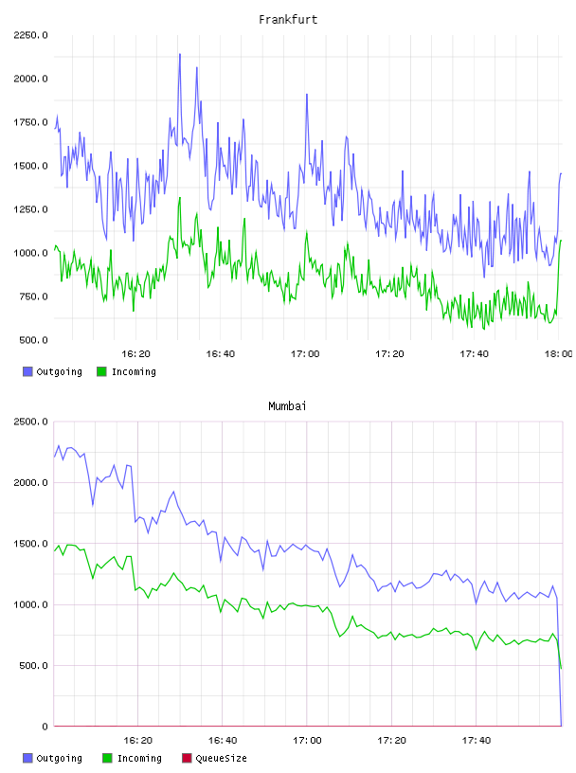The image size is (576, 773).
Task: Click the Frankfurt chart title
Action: (x=288, y=20)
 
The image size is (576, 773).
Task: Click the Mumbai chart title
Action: (x=287, y=406)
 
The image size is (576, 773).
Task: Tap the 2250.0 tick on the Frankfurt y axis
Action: (x=30, y=35)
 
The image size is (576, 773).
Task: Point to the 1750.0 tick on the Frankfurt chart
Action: (x=30, y=122)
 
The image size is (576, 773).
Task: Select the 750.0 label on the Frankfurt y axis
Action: (x=33, y=297)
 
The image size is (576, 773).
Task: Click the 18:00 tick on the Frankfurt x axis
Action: (x=558, y=354)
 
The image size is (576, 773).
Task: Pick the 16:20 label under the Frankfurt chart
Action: (x=135, y=354)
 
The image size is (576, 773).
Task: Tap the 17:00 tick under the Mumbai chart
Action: (x=307, y=741)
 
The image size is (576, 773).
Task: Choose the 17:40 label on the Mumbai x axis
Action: (x=477, y=741)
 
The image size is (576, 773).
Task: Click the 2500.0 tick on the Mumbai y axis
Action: (x=30, y=422)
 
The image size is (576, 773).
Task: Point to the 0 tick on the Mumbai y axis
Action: (x=45, y=727)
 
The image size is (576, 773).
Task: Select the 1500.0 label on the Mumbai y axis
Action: (x=30, y=543)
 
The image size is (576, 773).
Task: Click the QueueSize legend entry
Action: (x=214, y=758)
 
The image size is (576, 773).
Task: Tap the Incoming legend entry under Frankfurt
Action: (x=127, y=371)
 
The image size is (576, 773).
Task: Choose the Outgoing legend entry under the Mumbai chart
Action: (x=53, y=758)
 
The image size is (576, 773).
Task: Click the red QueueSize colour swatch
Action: (x=187, y=758)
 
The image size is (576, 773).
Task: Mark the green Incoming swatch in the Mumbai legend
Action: (x=107, y=758)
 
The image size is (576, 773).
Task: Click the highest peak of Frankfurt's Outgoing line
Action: (x=179, y=54)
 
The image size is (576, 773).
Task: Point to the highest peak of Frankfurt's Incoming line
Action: (x=179, y=198)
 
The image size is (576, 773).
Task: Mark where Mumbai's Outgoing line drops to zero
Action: (x=561, y=726)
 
